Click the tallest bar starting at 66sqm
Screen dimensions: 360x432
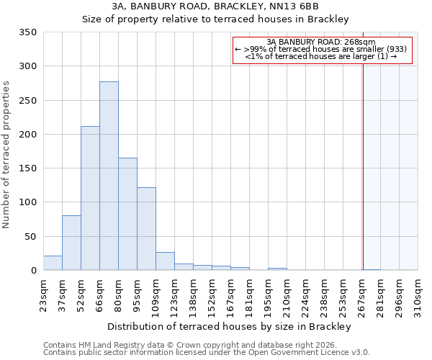pyautogui.click(x=109, y=176)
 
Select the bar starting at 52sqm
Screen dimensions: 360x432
pyautogui.click(x=90, y=199)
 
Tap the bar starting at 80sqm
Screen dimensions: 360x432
pyautogui.click(x=127, y=215)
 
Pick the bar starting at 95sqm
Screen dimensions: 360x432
pyautogui.click(x=146, y=229)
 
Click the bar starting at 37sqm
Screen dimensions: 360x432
pyautogui.click(x=71, y=243)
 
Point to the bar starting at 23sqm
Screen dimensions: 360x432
pyautogui.click(x=53, y=264)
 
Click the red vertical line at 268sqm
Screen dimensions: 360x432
pyautogui.click(x=363, y=151)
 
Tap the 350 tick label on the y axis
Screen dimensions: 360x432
pyautogui.click(x=27, y=32)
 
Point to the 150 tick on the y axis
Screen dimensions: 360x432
pyautogui.click(x=27, y=168)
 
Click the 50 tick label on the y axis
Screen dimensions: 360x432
pyautogui.click(x=30, y=237)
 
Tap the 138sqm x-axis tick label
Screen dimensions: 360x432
pyautogui.click(x=194, y=297)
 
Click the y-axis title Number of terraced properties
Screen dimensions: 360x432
pyautogui.click(x=7, y=155)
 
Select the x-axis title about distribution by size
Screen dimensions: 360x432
pyautogui.click(x=230, y=326)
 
